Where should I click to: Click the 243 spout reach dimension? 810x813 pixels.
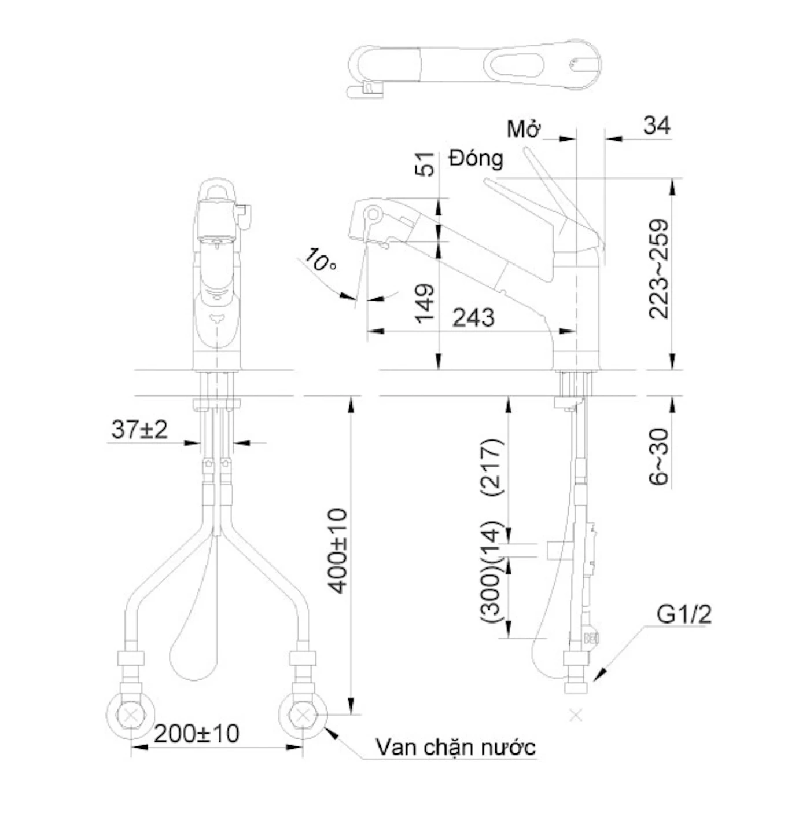click(x=473, y=318)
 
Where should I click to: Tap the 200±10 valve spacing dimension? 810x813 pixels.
click(x=197, y=734)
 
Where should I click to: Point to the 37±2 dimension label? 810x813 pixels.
click(x=139, y=430)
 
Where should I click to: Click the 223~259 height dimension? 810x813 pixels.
click(x=658, y=269)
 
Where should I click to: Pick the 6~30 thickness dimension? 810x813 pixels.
click(x=658, y=457)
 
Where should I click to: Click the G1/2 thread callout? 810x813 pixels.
click(x=684, y=615)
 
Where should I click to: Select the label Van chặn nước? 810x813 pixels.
click(x=455, y=748)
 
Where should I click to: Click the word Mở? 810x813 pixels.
click(x=524, y=129)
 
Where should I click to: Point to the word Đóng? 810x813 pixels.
click(x=476, y=158)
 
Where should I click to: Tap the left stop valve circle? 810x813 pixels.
click(x=131, y=715)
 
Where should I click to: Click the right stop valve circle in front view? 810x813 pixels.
click(x=303, y=715)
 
